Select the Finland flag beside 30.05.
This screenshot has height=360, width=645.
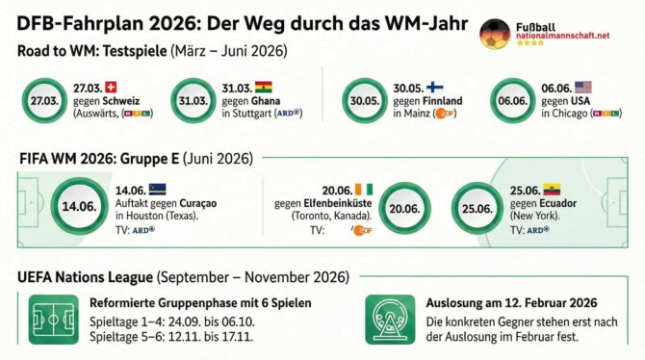[x=434, y=86]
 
